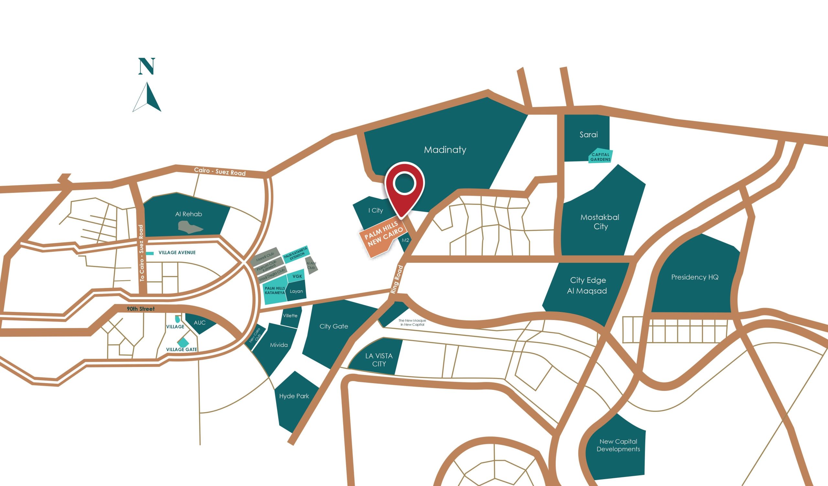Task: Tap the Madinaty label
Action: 445,150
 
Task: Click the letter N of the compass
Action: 147,66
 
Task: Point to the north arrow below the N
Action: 147,98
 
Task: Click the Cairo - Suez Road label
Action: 220,171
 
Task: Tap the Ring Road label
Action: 397,279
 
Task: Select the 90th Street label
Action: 141,309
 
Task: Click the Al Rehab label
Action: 189,214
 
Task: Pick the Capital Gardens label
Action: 600,157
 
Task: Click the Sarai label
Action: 588,135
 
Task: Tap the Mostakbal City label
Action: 600,222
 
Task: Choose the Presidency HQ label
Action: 695,277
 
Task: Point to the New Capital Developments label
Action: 618,445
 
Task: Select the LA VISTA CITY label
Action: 379,360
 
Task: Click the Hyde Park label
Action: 294,396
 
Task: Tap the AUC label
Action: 200,323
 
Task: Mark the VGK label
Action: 297,276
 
